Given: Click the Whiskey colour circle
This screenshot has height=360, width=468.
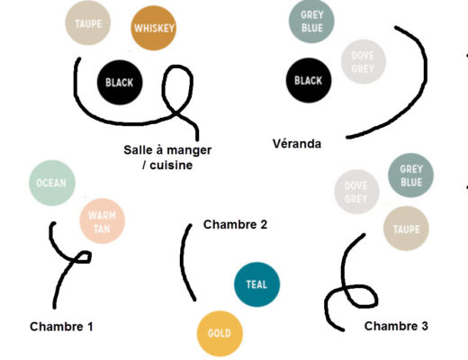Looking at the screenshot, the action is (x=153, y=28).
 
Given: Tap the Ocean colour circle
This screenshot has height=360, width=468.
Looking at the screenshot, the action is (x=52, y=183).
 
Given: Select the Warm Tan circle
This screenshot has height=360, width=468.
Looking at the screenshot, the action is (x=102, y=221).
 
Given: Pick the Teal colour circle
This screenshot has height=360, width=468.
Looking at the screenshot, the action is (x=256, y=284).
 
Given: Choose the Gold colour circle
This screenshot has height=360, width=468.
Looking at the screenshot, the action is (x=220, y=334).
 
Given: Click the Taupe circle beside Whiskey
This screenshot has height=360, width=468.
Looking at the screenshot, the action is (x=88, y=23).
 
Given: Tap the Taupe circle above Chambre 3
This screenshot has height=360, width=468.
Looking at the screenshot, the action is (x=406, y=229).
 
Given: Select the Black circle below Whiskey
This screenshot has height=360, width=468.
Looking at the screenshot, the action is (x=120, y=83).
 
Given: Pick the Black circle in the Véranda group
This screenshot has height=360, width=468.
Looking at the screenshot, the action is (x=309, y=80).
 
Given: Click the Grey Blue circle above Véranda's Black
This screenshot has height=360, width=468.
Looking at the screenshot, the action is (x=311, y=21).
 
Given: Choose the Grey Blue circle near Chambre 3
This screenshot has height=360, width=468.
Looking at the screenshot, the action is (x=410, y=175).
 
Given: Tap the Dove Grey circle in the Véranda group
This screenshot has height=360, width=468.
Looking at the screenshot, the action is (x=363, y=62).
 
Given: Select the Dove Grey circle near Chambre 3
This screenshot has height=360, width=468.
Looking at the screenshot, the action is (x=356, y=192).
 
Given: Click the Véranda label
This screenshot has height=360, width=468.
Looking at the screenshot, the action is (x=297, y=144).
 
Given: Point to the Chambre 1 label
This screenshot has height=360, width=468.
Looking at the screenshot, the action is (x=61, y=327).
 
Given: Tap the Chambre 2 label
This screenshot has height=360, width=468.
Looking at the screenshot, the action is (x=235, y=224).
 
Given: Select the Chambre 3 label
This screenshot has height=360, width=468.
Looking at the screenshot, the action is (x=396, y=326).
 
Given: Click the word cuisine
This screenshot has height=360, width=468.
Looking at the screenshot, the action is (x=171, y=165).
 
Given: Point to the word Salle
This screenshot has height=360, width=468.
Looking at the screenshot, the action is (x=138, y=149).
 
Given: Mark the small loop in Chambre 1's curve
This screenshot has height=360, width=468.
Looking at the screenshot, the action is (x=81, y=257).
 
